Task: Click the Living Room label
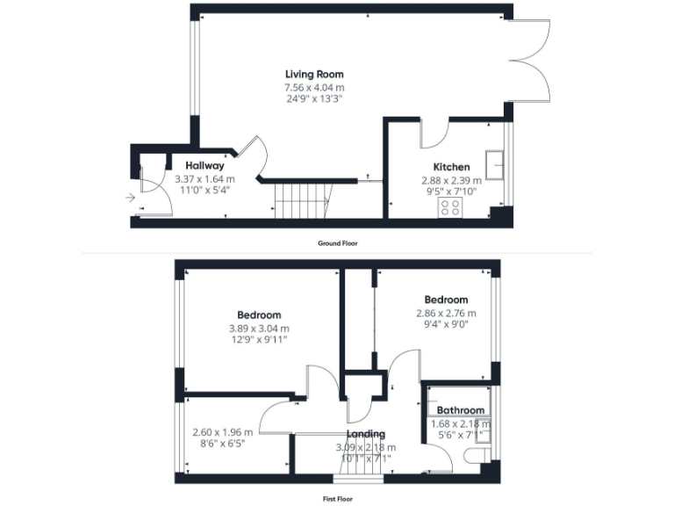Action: [x=313, y=75]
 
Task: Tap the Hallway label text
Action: [x=204, y=165]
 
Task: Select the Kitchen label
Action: [x=451, y=167]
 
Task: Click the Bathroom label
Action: [x=461, y=410]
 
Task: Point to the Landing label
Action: [x=365, y=434]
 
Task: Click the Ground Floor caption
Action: [x=337, y=242]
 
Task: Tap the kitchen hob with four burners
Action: [x=450, y=207]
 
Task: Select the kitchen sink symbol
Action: [x=498, y=164]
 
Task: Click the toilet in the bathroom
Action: [x=479, y=454]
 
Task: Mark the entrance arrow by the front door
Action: [x=131, y=199]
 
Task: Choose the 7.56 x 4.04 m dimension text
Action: [x=313, y=88]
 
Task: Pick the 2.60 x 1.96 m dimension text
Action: [x=222, y=432]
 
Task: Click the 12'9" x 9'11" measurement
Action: [x=258, y=340]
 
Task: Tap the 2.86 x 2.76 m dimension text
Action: [x=446, y=313]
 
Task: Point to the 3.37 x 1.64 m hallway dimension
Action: [x=204, y=178]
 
